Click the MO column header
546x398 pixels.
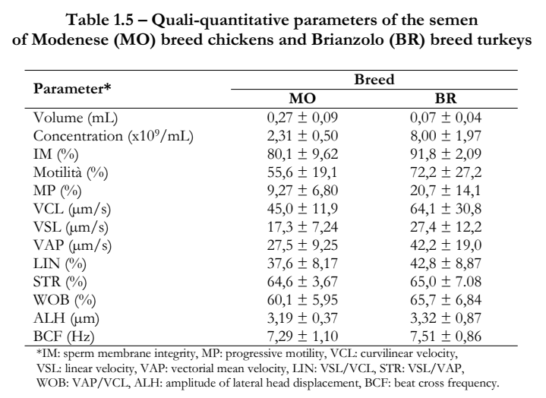[302, 99]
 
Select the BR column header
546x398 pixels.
[445, 99]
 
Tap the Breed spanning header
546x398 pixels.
[374, 80]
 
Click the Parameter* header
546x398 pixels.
[72, 89]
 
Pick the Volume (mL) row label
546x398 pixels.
[76, 118]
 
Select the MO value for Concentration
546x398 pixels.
[302, 136]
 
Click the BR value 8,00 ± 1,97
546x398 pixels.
[446, 136]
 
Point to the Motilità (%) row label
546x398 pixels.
[71, 172]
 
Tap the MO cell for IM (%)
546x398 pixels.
[302, 154]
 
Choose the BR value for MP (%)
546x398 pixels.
[446, 191]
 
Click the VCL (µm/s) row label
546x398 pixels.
[72, 210]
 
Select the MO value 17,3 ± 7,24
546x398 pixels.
[302, 227]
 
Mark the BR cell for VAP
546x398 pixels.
[446, 245]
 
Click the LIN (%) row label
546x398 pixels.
[60, 264]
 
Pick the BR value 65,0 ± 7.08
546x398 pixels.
[446, 282]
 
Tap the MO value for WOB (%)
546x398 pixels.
[302, 300]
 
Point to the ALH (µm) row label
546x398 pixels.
[66, 318]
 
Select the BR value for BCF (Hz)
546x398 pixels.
[446, 336]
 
